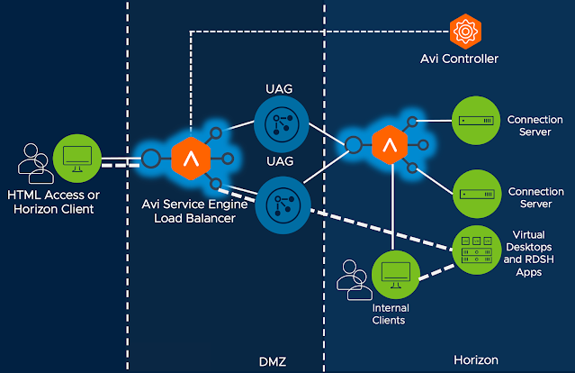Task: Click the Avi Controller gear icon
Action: [x=465, y=32]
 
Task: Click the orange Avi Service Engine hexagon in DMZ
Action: [x=190, y=159]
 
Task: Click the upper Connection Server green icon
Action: [x=472, y=121]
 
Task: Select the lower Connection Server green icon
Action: [x=472, y=192]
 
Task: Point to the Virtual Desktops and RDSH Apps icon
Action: [x=473, y=249]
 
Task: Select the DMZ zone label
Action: [x=283, y=360]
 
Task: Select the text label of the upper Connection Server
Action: [x=536, y=124]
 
